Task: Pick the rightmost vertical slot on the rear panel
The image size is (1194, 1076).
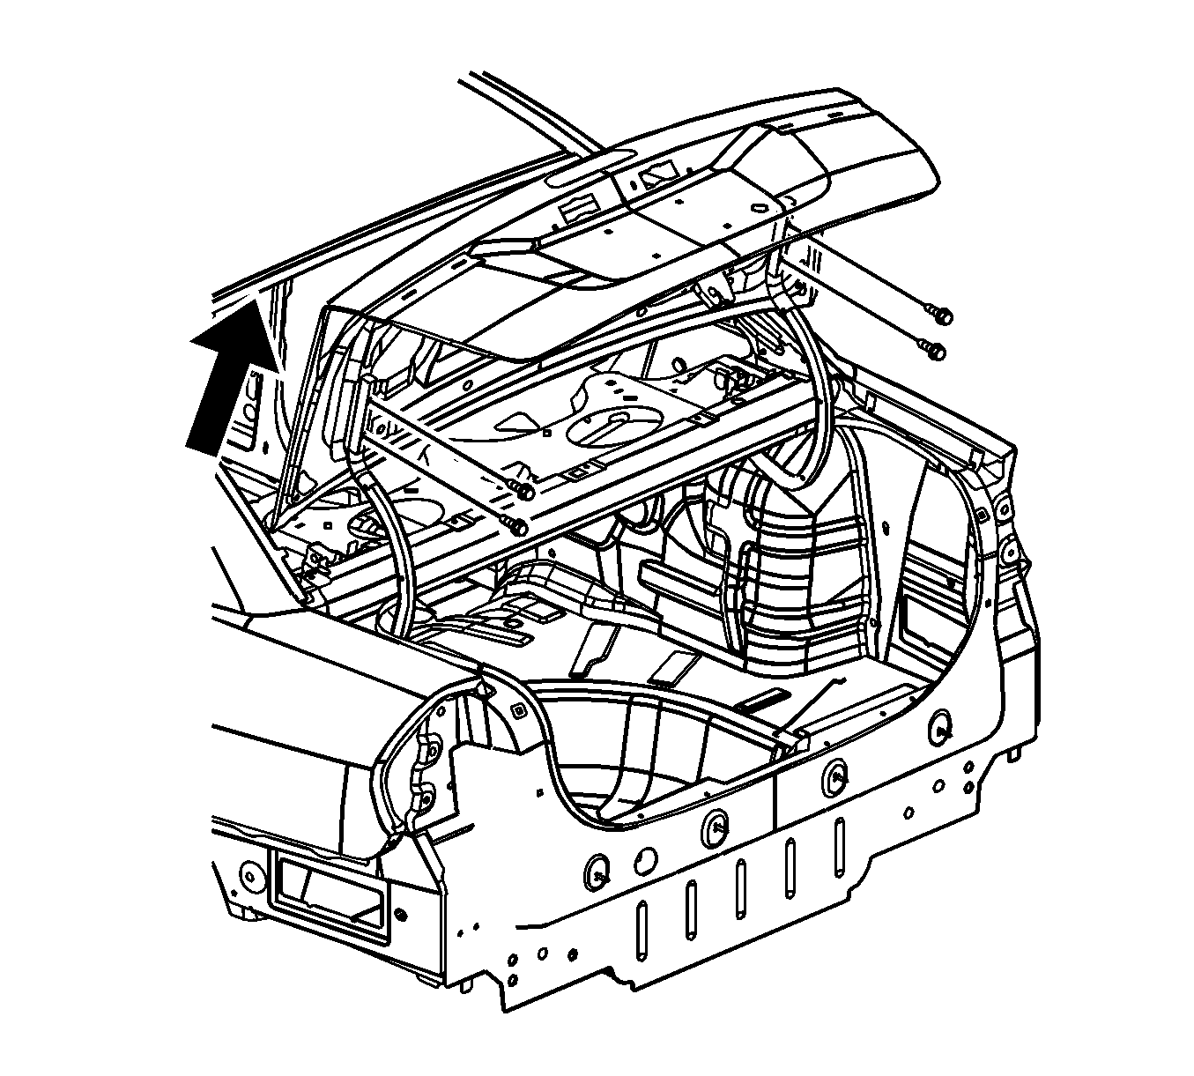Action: tap(839, 844)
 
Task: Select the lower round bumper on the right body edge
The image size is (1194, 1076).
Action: tap(1009, 553)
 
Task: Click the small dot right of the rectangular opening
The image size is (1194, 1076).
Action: tap(402, 911)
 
